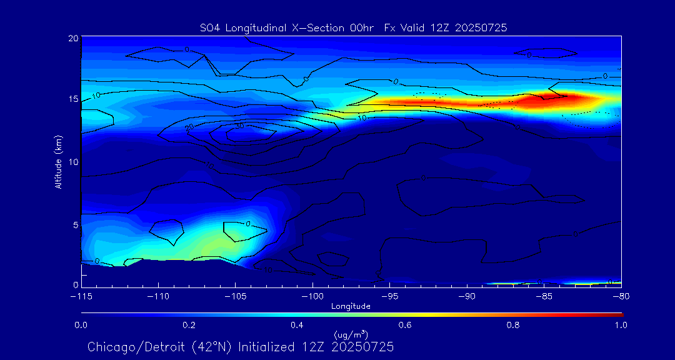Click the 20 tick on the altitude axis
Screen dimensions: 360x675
(x=72, y=38)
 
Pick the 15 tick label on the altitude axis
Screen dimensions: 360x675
(x=72, y=99)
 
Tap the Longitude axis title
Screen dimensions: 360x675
(x=351, y=306)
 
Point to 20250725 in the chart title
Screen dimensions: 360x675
(x=481, y=27)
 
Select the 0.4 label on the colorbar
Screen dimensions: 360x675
(x=297, y=325)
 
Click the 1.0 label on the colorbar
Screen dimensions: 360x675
(x=621, y=325)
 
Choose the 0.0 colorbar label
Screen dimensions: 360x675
(x=81, y=325)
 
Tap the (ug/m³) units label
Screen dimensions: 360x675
(x=351, y=335)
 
